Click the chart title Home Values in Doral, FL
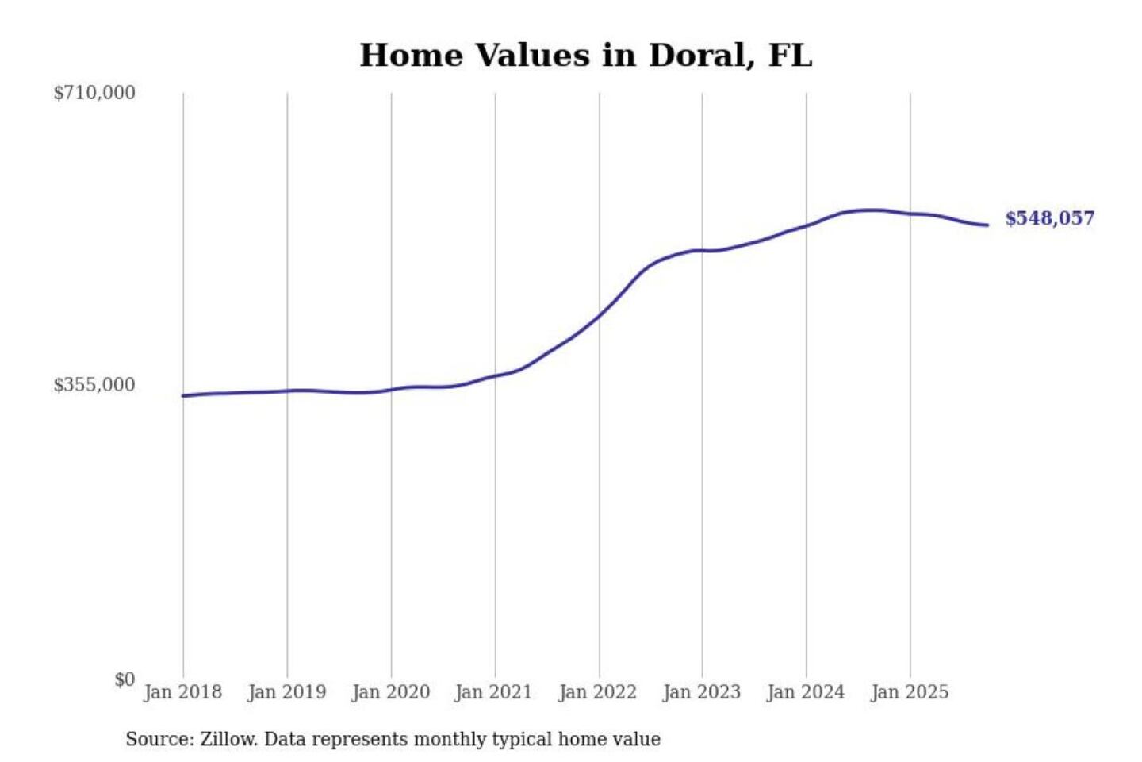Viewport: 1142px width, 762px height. click(x=585, y=56)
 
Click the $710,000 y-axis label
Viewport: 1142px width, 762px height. click(x=94, y=93)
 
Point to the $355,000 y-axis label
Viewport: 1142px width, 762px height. click(x=94, y=385)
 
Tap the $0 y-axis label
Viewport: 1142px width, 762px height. click(x=125, y=679)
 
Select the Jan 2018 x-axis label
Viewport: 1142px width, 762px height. click(x=182, y=692)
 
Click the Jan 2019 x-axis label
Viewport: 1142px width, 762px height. click(x=286, y=692)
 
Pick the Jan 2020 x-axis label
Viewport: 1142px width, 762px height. click(x=390, y=692)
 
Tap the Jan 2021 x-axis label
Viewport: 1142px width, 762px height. click(x=493, y=692)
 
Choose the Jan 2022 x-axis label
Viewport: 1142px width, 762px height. click(x=597, y=692)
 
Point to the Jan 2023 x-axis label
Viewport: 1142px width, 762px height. click(x=701, y=692)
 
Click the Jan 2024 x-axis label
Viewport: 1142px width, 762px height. click(x=805, y=692)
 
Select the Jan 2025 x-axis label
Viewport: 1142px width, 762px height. click(x=909, y=692)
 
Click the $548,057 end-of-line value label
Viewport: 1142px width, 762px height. click(x=1049, y=218)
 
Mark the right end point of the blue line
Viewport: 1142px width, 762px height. click(x=987, y=225)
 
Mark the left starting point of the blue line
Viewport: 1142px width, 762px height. click(x=183, y=395)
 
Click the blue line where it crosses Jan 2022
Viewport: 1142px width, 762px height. click(x=600, y=314)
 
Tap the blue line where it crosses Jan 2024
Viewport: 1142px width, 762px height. click(x=807, y=226)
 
